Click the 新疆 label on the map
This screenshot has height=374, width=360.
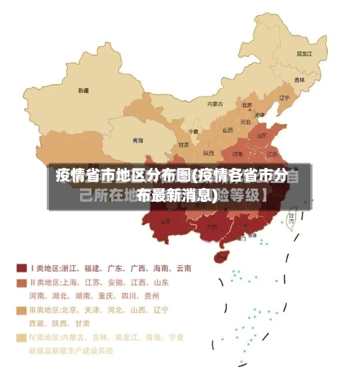pos(83,91)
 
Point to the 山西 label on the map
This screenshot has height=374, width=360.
pos(228,130)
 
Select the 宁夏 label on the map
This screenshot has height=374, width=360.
pos(193,132)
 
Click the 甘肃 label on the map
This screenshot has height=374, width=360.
pos(184,145)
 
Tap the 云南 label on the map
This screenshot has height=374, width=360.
pos(166,221)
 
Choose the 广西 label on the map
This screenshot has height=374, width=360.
pos(209,229)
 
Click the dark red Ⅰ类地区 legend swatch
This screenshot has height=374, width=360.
pos(22,267)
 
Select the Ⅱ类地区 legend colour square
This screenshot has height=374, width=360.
pos(22,282)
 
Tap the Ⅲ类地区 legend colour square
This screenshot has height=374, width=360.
pos(22,310)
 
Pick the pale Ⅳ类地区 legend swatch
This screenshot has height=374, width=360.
pos(22,337)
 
